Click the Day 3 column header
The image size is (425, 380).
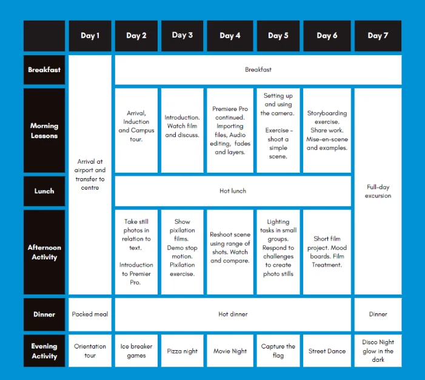(x=182, y=36)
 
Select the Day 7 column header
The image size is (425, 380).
(x=378, y=36)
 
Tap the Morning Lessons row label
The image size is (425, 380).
(x=44, y=130)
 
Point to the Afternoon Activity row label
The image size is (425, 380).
(x=44, y=252)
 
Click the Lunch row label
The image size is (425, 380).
(x=44, y=191)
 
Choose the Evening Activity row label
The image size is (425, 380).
(x=44, y=351)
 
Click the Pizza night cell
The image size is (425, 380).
(x=182, y=351)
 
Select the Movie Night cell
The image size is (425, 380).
(x=230, y=351)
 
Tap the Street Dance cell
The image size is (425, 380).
(x=327, y=351)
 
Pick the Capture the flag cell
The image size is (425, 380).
(x=278, y=351)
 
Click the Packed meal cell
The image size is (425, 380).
(x=90, y=315)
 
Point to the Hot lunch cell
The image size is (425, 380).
(x=233, y=191)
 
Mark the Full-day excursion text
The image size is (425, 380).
(x=378, y=192)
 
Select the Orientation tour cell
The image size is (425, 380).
(x=90, y=351)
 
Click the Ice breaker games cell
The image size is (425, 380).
(x=136, y=351)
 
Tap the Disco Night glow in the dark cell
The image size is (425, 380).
(x=378, y=351)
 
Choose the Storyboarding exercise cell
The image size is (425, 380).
(x=327, y=130)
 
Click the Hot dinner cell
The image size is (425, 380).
(x=233, y=315)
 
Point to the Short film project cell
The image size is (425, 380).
(x=327, y=252)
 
